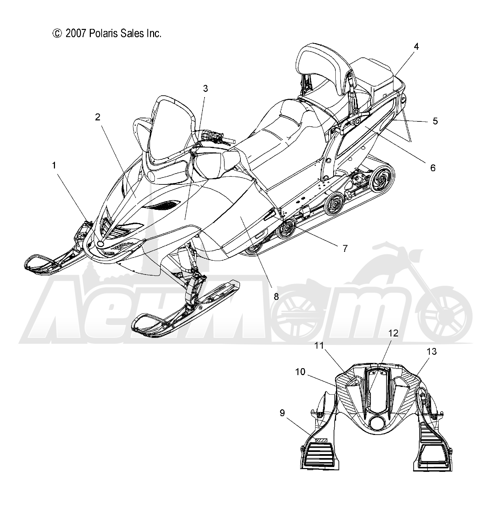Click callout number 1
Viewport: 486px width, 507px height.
[54, 165]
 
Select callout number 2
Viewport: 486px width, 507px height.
[98, 117]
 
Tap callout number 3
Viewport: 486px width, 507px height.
[206, 89]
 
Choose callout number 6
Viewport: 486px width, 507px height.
[433, 168]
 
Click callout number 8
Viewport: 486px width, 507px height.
[276, 296]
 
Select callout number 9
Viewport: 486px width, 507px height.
[282, 413]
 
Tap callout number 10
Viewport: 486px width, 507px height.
[300, 372]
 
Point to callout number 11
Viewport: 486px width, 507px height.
[319, 346]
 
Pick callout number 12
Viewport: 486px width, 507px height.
[393, 333]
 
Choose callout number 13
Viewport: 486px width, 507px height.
[432, 351]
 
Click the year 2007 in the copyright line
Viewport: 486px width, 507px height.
[76, 34]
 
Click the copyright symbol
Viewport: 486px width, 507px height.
[57, 34]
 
